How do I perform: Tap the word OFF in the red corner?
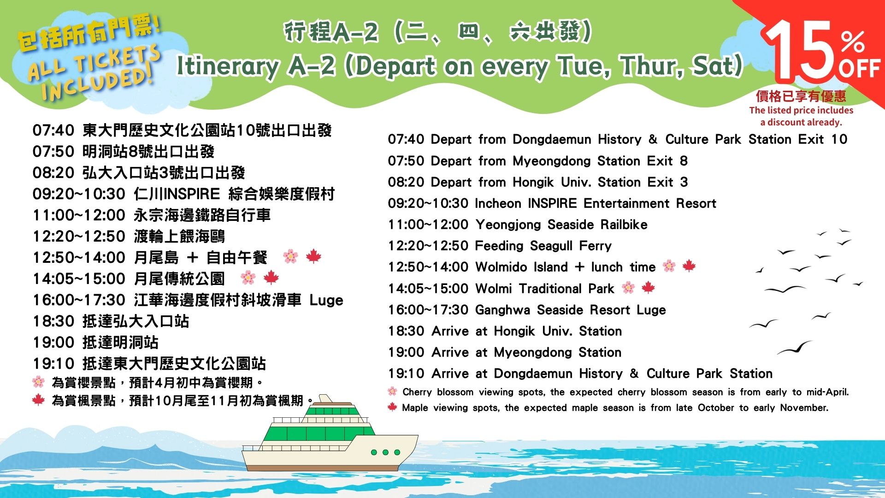(x=860, y=69)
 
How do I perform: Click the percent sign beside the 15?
(x=853, y=42)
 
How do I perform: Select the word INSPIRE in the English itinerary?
(x=552, y=203)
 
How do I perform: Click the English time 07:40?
(x=406, y=139)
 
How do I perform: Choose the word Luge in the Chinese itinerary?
(x=326, y=301)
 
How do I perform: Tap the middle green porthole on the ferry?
(x=385, y=452)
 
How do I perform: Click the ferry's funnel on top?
(x=325, y=398)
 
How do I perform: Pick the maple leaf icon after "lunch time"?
(x=689, y=266)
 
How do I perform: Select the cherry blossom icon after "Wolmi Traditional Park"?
(x=628, y=288)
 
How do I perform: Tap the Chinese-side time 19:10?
(x=53, y=364)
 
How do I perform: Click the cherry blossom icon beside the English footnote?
(x=392, y=391)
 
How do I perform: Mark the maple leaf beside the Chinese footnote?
(x=38, y=399)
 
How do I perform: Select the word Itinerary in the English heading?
(x=228, y=66)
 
